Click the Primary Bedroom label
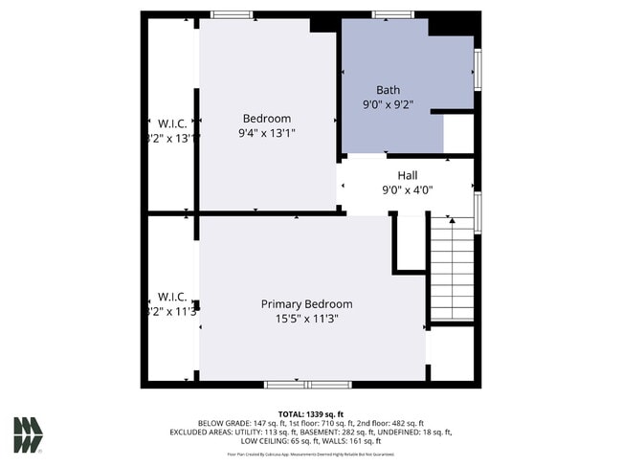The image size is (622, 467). (x=306, y=304)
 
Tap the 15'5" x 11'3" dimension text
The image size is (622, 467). (x=306, y=319)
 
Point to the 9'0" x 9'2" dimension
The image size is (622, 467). (x=387, y=104)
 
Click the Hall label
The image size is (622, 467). (x=408, y=175)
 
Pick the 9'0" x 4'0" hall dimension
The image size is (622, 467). (x=408, y=189)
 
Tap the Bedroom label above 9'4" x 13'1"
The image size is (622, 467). (x=267, y=119)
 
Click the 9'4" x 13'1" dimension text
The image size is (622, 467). (x=267, y=134)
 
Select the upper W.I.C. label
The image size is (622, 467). (x=172, y=123)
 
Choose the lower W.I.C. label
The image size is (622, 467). (x=172, y=297)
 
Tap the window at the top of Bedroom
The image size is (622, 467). (x=232, y=14)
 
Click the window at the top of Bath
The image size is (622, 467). (x=392, y=14)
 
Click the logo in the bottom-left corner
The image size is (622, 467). (x=28, y=434)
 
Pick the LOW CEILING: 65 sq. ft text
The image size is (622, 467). (x=278, y=441)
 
